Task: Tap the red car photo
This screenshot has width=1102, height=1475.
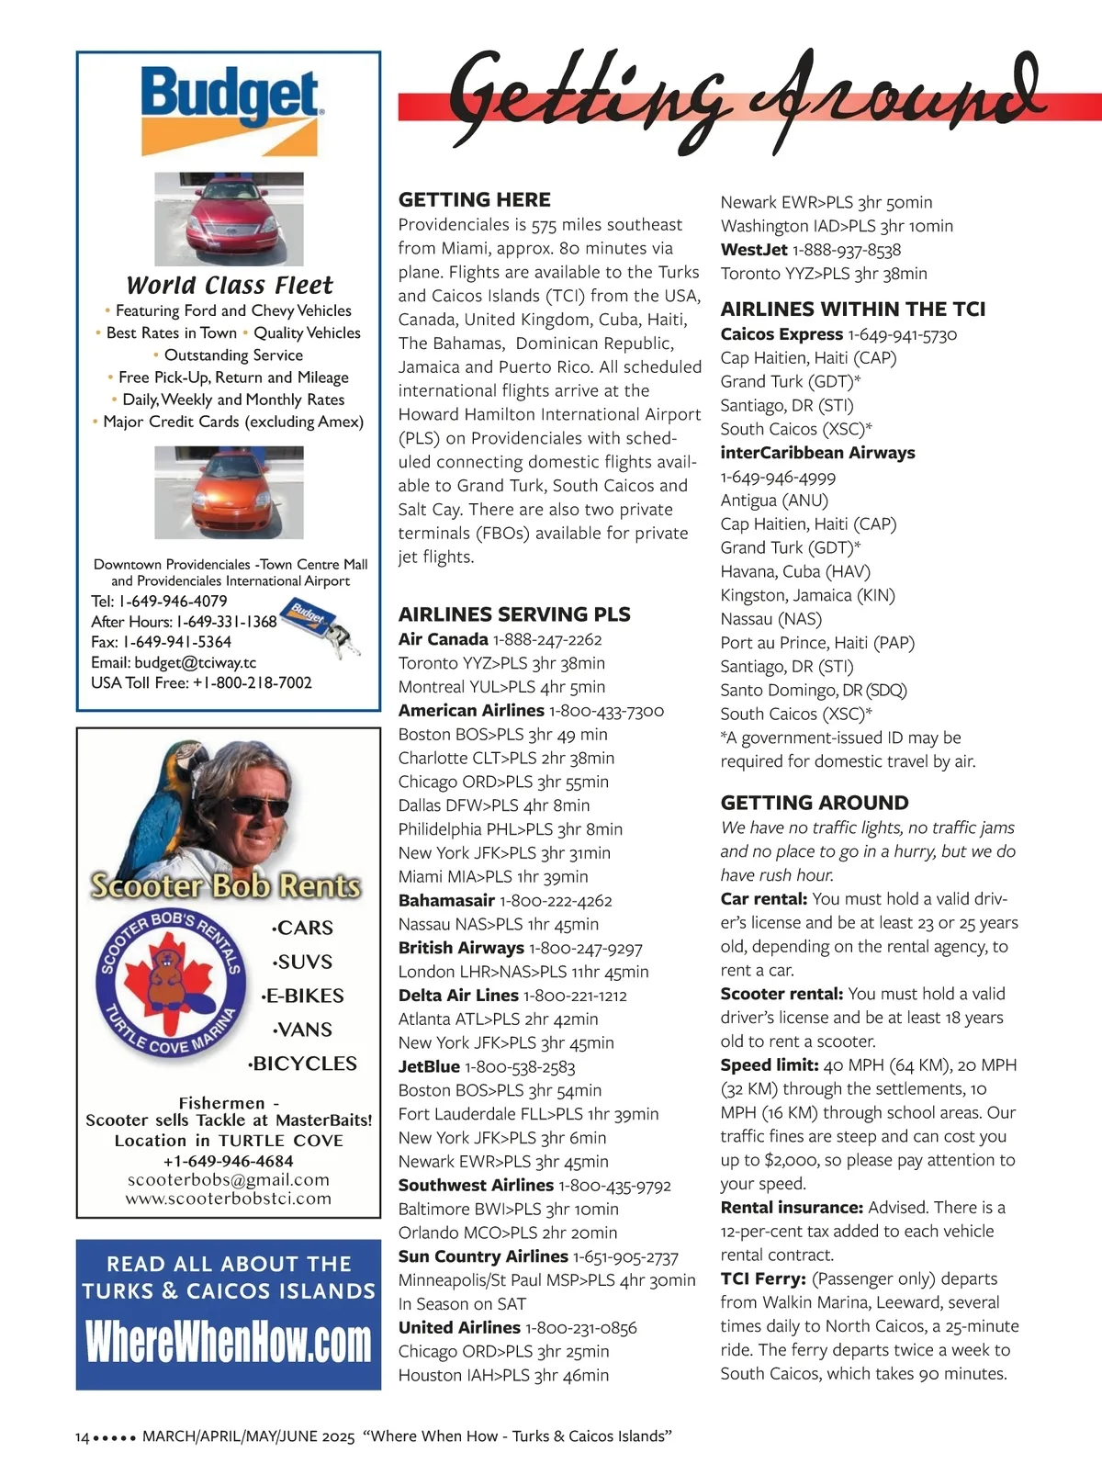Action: point(229,219)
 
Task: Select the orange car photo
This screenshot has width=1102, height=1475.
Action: point(229,491)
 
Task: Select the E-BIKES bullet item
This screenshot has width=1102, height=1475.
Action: point(303,996)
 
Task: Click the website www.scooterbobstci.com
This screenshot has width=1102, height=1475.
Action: point(229,1199)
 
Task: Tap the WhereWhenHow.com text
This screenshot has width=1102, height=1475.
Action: point(229,1342)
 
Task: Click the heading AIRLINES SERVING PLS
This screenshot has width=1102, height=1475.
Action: point(514,614)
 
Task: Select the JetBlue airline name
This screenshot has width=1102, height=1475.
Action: point(429,1066)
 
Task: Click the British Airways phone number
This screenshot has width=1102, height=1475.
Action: point(585,948)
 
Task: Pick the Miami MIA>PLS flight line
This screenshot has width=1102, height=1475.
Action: point(493,876)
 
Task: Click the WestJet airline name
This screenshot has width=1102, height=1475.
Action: point(754,250)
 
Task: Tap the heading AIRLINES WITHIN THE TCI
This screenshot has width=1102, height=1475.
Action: point(852,309)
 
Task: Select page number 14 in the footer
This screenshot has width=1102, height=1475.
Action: point(82,1436)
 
